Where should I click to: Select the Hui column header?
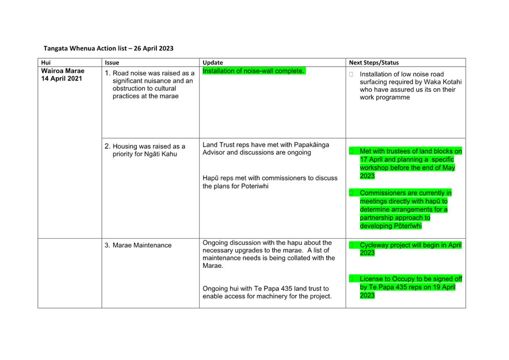coord(46,63)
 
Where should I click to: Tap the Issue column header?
coord(112,63)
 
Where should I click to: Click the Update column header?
coord(213,63)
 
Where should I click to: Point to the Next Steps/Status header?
coord(374,63)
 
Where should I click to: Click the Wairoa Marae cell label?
coord(63,71)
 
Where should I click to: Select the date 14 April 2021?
coord(62,79)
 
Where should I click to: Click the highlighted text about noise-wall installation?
coord(254,71)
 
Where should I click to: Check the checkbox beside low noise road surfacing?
coord(351,74)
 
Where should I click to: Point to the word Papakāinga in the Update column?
coord(311,145)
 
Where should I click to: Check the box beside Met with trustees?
coord(351,151)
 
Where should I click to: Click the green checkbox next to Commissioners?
coord(351,193)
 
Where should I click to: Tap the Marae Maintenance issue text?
coord(142,246)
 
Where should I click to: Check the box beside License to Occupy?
coord(351,279)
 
